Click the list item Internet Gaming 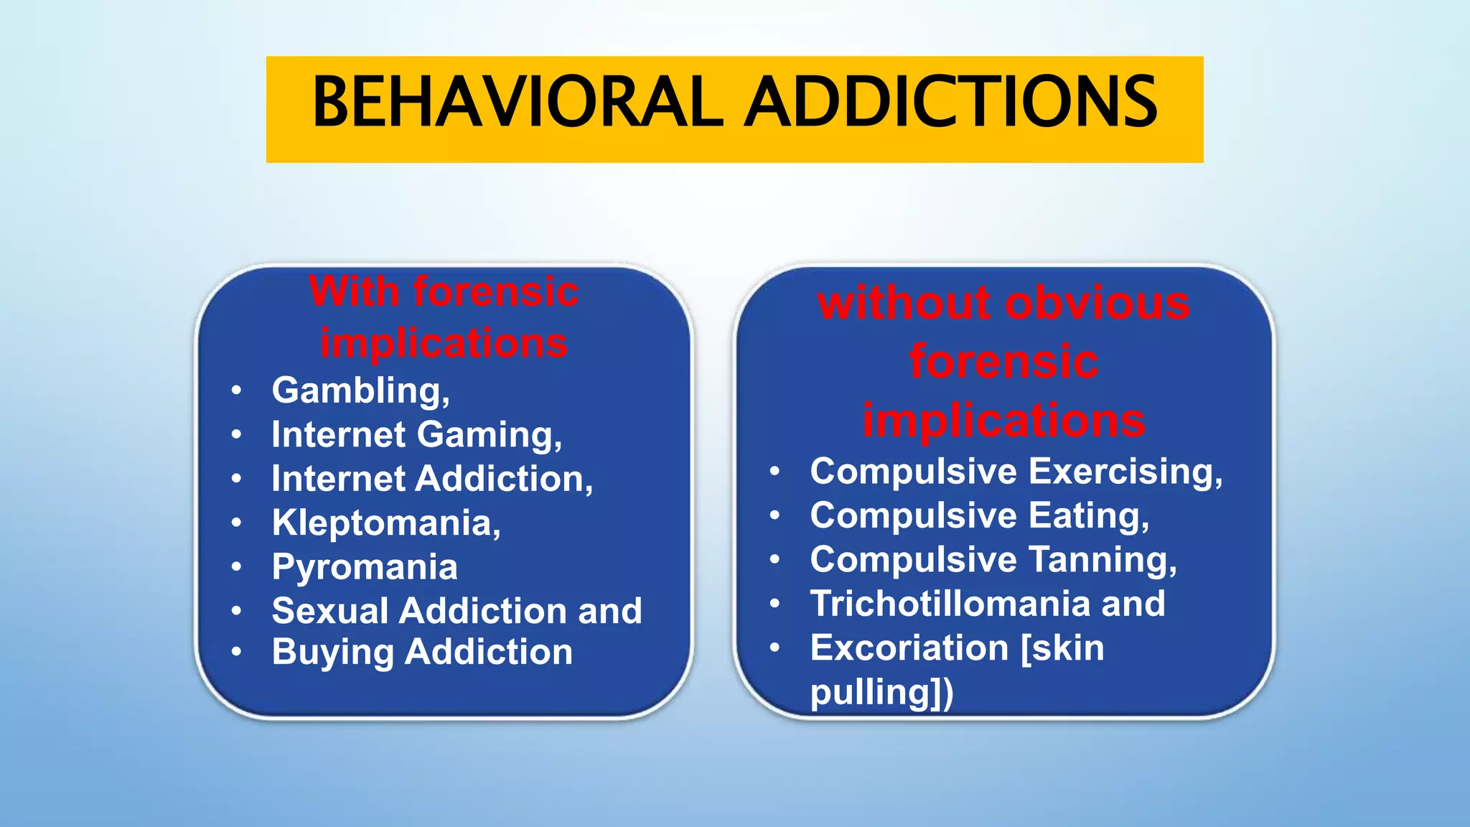pyautogui.click(x=416, y=435)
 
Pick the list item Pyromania pyautogui.click(x=365, y=567)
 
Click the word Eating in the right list pyautogui.click(x=1088, y=516)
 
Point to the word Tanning pyautogui.click(x=1102, y=560)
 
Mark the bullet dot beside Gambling pyautogui.click(x=237, y=391)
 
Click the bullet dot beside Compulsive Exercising pyautogui.click(x=774, y=472)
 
